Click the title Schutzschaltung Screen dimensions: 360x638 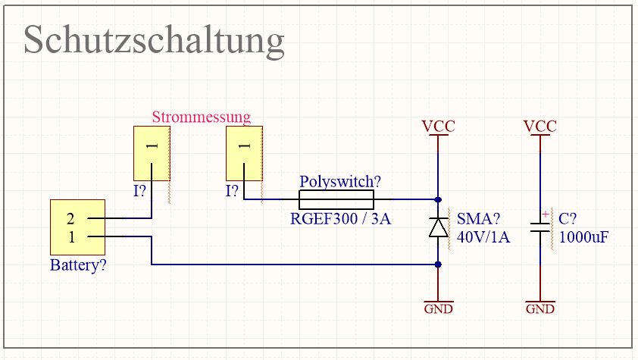[x=154, y=39]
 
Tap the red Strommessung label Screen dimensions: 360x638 [x=201, y=117]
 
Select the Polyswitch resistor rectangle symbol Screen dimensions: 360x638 [x=336, y=200]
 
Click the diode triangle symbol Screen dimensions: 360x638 [x=438, y=227]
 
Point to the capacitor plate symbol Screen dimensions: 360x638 [x=540, y=227]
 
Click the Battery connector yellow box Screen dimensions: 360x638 [x=77, y=227]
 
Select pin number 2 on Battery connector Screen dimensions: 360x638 [x=70, y=219]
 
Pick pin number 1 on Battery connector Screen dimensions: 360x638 [x=70, y=236]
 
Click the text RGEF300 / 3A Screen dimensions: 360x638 [x=340, y=220]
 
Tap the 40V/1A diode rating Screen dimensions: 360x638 [x=483, y=237]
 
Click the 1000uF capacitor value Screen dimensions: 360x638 [x=583, y=237]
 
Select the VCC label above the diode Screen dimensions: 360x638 [x=438, y=126]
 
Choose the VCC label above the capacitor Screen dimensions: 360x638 [x=540, y=126]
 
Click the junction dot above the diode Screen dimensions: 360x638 [x=438, y=200]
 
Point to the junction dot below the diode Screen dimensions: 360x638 [x=438, y=265]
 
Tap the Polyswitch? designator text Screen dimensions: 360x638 [x=340, y=182]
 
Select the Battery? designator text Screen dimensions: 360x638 [x=78, y=266]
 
